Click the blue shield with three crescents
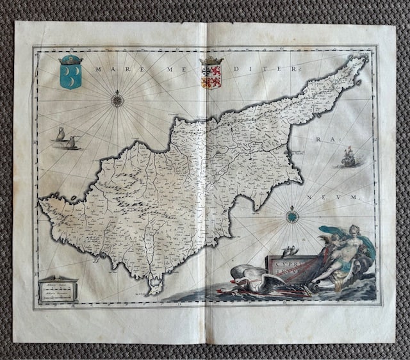[x=70, y=76]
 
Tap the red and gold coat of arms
[x=211, y=76]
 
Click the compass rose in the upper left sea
[x=117, y=99]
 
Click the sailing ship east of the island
[x=348, y=158]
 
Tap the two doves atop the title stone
[x=290, y=251]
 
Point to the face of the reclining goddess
[x=352, y=231]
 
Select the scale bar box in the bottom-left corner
[x=58, y=290]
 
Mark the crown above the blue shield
[x=70, y=60]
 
